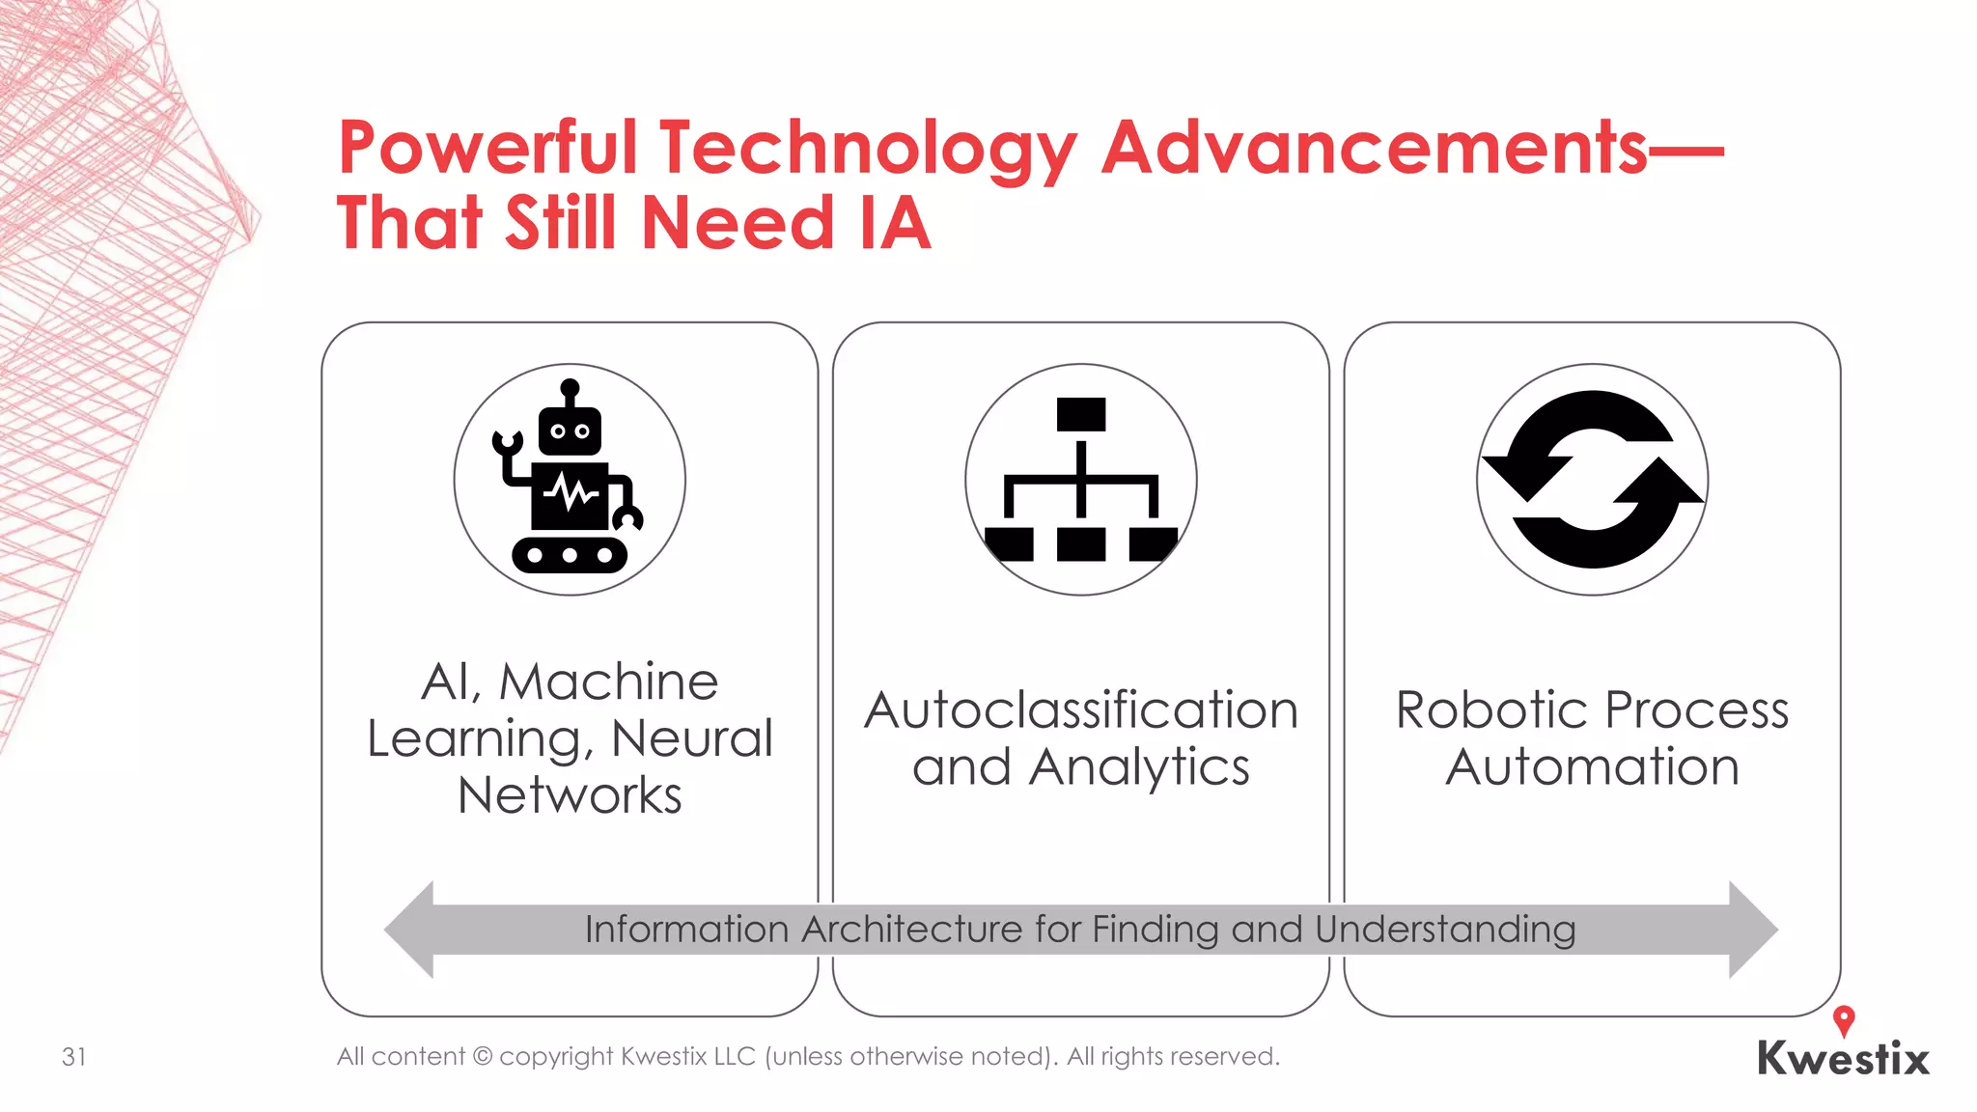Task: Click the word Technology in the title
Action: coord(867,150)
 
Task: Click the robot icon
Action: coord(570,479)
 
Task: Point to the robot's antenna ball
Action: coord(570,387)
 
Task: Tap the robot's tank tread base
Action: coord(570,555)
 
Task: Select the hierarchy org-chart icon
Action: coord(1081,479)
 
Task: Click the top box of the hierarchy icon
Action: coord(1081,414)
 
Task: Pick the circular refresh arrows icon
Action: coord(1592,479)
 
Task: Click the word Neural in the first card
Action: coord(692,738)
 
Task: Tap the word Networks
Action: coord(570,795)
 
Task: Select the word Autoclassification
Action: coord(1081,710)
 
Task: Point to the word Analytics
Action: coord(1139,768)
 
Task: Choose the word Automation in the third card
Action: coord(1592,767)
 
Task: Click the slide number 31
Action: coord(74,1057)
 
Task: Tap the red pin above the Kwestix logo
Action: coord(1844,1019)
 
